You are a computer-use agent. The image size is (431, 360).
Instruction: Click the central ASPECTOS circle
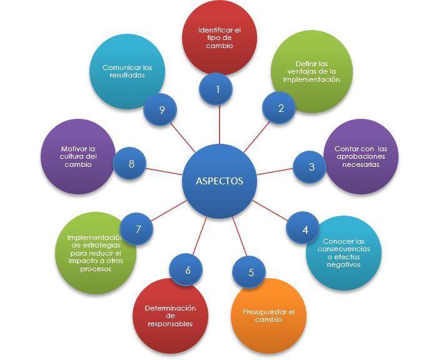pyautogui.click(x=220, y=181)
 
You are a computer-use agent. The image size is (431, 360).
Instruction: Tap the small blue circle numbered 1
pyautogui.click(x=217, y=89)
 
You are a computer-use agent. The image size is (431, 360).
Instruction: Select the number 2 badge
pyautogui.click(x=281, y=108)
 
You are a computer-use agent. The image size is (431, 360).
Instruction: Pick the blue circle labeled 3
pyautogui.click(x=312, y=167)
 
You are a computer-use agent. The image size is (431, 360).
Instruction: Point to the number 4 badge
pyautogui.click(x=305, y=229)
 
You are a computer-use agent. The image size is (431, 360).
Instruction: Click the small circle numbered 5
pyautogui.click(x=251, y=272)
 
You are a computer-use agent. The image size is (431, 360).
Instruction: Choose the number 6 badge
pyautogui.click(x=188, y=271)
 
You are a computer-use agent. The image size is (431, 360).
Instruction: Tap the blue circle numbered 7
pyautogui.click(x=139, y=229)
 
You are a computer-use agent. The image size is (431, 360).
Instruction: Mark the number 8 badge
pyautogui.click(x=131, y=164)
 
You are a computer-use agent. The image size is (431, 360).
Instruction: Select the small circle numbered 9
pyautogui.click(x=161, y=110)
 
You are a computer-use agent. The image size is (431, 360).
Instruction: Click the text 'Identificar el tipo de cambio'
pyautogui.click(x=220, y=37)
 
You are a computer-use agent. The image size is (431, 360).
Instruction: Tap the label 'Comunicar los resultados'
pyautogui.click(x=127, y=71)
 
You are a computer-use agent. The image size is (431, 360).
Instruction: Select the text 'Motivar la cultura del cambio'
pyautogui.click(x=78, y=156)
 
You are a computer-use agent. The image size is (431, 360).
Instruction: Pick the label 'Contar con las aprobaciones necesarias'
pyautogui.click(x=360, y=157)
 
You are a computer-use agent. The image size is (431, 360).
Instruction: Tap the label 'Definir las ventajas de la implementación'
pyautogui.click(x=310, y=71)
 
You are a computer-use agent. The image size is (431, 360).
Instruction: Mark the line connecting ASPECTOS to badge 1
pyautogui.click(x=219, y=125)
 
